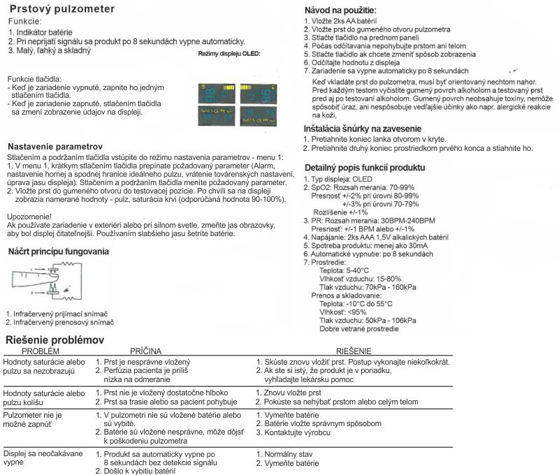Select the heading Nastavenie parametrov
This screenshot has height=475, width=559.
[x=55, y=147]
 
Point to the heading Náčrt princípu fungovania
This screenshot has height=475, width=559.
[x=58, y=250]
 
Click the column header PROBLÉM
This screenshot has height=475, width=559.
[x=36, y=351]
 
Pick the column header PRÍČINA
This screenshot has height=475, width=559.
[x=146, y=351]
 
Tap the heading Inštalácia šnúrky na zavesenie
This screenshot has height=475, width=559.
[x=362, y=129]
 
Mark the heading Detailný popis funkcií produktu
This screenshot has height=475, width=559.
[x=364, y=168]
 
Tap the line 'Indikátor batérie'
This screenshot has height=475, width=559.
[x=45, y=32]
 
